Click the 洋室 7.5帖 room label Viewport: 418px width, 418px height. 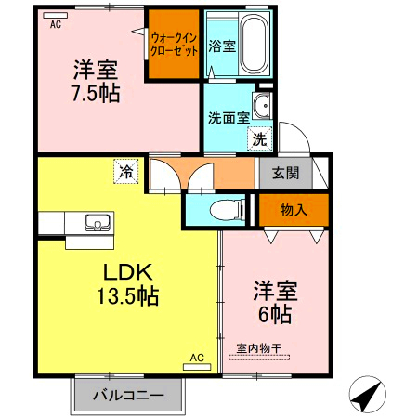(x=96, y=81)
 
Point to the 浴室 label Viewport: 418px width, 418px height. (x=220, y=46)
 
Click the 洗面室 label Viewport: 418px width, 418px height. (x=228, y=118)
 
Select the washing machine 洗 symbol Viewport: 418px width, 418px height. (x=259, y=139)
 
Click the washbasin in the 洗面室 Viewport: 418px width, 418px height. (x=262, y=106)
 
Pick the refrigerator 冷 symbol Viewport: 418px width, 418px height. (x=124, y=171)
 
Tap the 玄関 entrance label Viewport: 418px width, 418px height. (x=285, y=172)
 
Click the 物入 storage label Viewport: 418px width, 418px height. (x=293, y=211)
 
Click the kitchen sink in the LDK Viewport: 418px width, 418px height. (x=97, y=224)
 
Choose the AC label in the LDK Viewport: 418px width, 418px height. (x=197, y=358)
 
